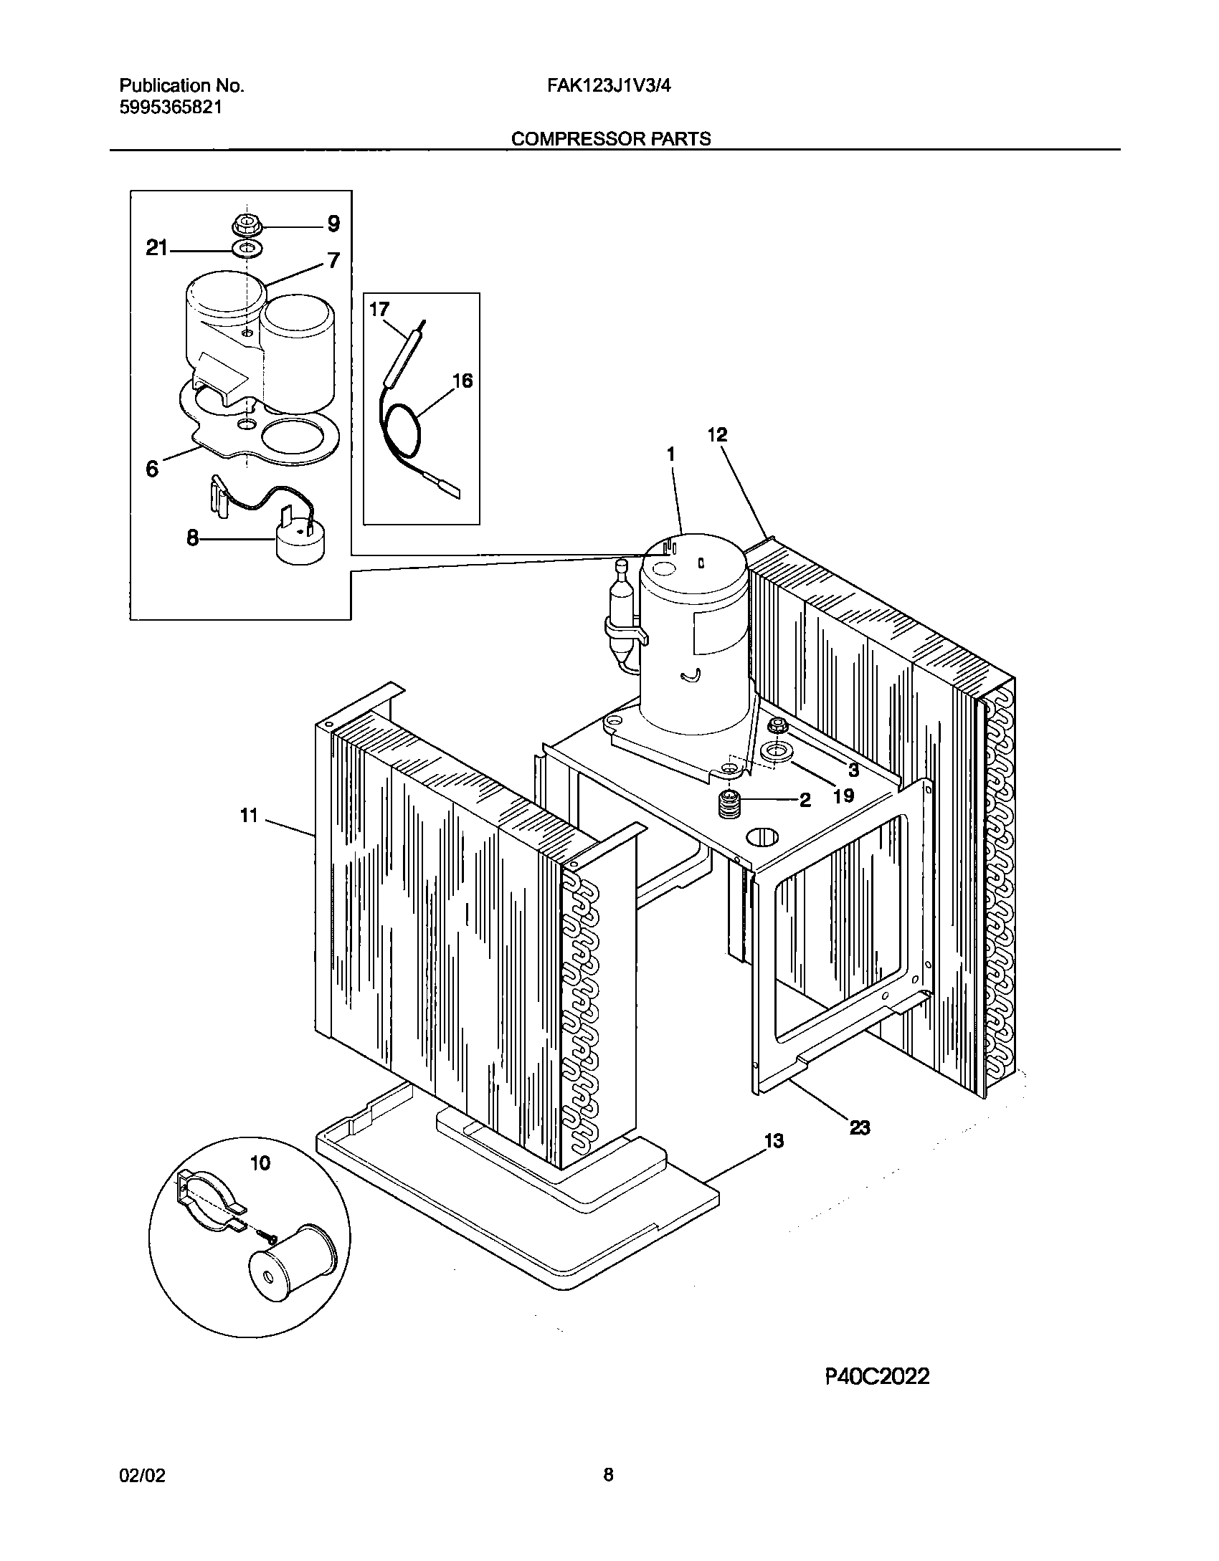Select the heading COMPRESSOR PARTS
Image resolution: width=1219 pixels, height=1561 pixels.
610,138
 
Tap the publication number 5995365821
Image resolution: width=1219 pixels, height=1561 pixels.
170,108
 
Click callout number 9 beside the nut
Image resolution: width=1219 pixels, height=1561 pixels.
333,224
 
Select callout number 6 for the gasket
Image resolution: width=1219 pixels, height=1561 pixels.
152,469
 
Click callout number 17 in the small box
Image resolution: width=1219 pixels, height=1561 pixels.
379,310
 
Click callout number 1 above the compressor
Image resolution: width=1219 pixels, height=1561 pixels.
671,454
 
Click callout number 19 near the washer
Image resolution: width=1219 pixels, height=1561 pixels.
844,795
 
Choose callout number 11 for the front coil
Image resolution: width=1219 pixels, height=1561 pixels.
249,815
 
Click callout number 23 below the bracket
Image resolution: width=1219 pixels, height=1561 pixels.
859,1127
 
